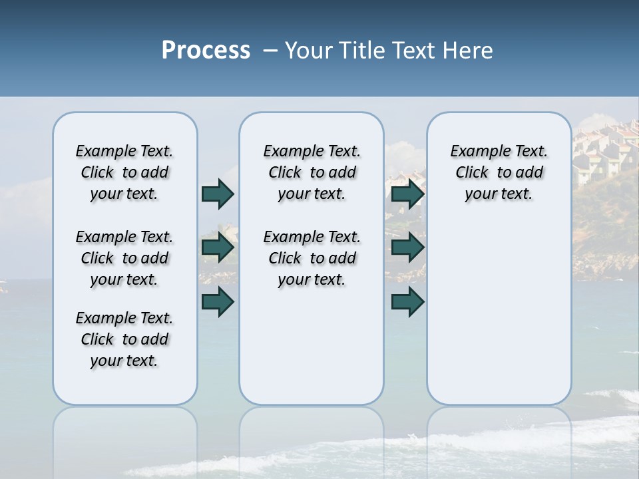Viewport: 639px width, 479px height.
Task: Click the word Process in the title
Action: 206,51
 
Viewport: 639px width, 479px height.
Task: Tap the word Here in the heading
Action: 467,51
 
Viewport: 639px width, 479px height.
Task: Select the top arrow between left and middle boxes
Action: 218,194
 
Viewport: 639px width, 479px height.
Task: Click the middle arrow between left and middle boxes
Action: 218,248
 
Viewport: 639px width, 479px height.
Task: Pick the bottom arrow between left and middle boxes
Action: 218,301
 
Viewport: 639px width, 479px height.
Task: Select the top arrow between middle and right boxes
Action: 407,194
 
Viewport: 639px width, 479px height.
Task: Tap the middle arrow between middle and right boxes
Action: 407,248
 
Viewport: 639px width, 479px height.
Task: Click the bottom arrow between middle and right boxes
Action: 407,301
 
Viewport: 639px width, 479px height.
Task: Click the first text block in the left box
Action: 124,172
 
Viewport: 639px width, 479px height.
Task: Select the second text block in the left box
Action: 124,258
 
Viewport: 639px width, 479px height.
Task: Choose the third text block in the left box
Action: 124,339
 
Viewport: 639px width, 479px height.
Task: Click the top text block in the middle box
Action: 312,172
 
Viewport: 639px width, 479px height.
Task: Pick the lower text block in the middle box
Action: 312,258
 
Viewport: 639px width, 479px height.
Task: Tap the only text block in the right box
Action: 499,172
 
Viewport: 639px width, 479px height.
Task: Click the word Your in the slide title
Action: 310,51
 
